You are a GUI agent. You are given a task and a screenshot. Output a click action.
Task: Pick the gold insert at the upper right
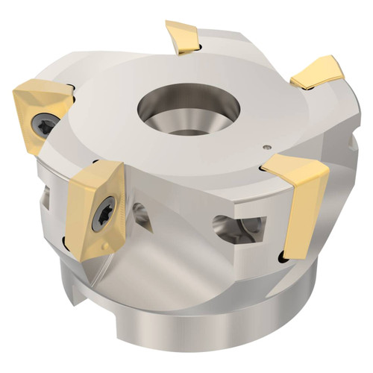pos(317,72)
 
